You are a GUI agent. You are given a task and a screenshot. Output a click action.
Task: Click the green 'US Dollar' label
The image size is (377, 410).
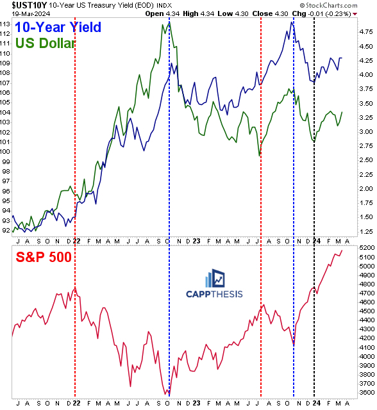pyautogui.click(x=44, y=44)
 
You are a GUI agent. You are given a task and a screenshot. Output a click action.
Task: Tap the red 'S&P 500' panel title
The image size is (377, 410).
pyautogui.click(x=43, y=257)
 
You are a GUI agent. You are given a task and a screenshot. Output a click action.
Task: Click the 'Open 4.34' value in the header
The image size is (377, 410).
pyautogui.click(x=162, y=13)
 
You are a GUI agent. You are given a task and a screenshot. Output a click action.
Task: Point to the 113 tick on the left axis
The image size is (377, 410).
pyautogui.click(x=6, y=26)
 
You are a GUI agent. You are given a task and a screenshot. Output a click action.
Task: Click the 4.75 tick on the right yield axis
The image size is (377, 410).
pyautogui.click(x=365, y=46)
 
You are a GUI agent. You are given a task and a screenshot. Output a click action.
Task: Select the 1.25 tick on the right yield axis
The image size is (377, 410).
pyautogui.click(x=365, y=231)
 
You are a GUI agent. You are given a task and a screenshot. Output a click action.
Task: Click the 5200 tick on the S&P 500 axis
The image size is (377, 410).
pyautogui.click(x=365, y=247)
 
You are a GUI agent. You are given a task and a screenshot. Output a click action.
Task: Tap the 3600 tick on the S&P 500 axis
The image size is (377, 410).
pyautogui.click(x=365, y=393)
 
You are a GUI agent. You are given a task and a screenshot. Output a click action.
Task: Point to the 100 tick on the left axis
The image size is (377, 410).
pyautogui.click(x=6, y=151)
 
